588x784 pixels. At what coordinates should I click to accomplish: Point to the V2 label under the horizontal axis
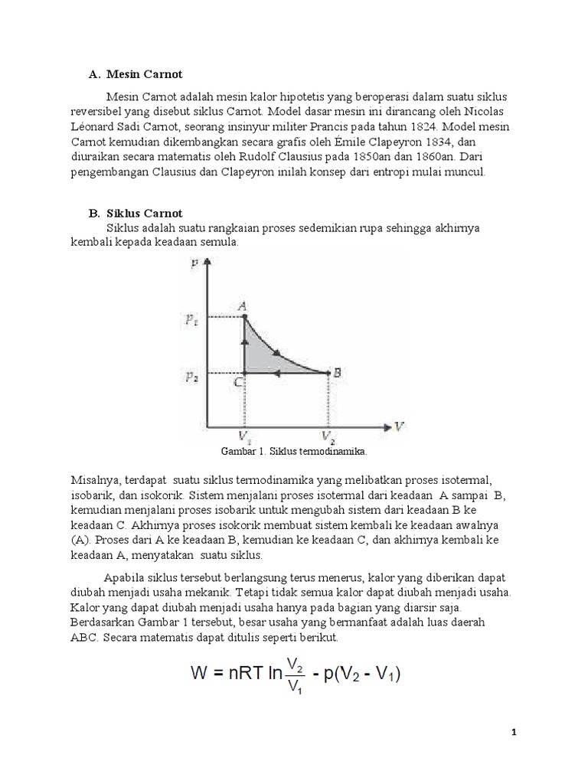pos(328,437)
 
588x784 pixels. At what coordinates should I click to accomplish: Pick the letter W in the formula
pos(201,675)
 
